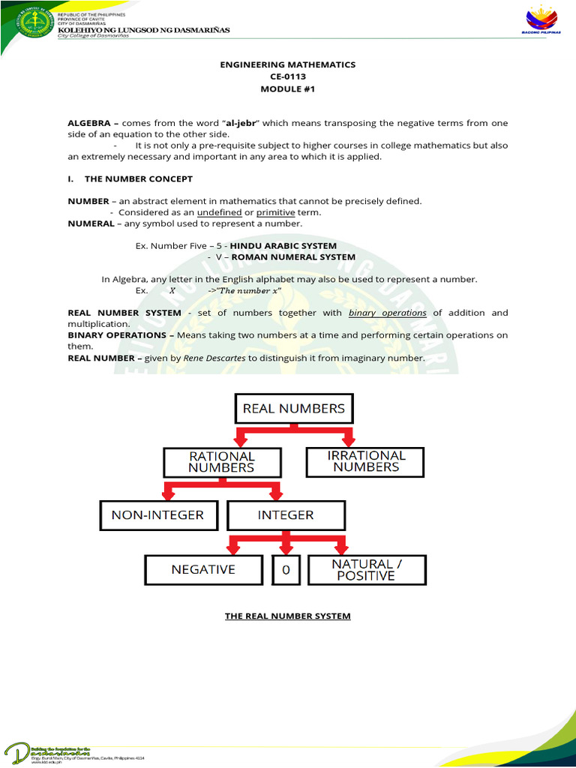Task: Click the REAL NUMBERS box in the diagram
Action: click(293, 409)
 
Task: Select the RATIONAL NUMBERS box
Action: click(221, 461)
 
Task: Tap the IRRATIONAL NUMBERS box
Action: click(365, 461)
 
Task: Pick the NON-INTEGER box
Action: click(157, 515)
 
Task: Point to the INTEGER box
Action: click(286, 515)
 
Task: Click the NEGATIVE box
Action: click(203, 569)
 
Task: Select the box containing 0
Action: click(285, 570)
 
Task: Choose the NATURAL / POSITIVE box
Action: click(367, 570)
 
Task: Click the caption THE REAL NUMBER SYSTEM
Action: click(288, 616)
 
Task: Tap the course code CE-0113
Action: click(288, 76)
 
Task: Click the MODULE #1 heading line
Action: click(288, 88)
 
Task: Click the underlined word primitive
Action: click(275, 212)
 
